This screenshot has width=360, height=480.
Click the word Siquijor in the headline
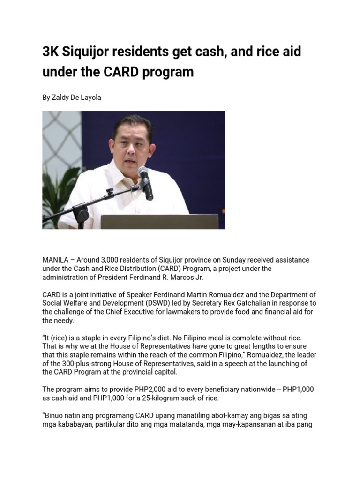pos(85,52)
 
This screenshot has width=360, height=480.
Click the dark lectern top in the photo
pos(159,221)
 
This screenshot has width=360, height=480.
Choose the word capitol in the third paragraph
pos(163,372)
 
